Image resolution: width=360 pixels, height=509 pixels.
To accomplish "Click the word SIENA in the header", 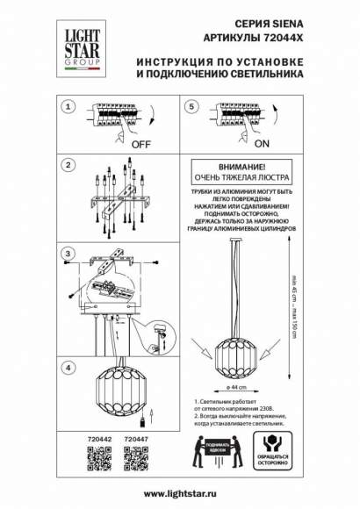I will pyautogui.click(x=291, y=27).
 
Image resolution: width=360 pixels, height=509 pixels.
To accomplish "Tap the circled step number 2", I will pyautogui.click(x=65, y=164).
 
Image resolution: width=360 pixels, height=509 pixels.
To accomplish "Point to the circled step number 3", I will pyautogui.click(x=65, y=254).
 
